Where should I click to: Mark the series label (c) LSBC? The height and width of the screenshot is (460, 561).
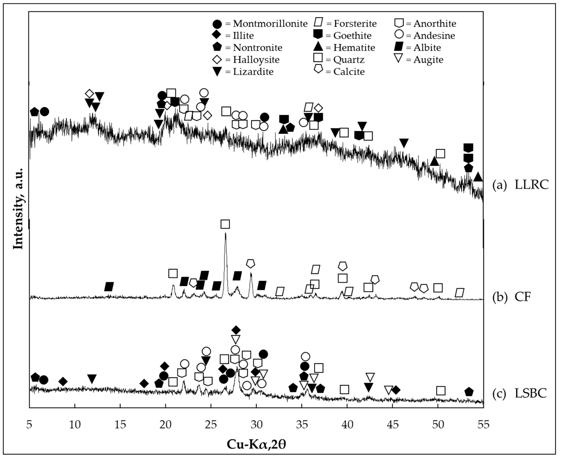pos(519,393)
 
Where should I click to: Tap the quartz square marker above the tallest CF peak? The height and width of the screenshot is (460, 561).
pos(225,224)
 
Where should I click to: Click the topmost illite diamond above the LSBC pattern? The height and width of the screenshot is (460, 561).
pos(236,330)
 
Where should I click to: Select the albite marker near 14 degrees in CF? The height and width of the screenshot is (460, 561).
pos(109,286)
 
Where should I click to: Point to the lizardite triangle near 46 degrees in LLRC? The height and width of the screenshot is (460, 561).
pos(404,143)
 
